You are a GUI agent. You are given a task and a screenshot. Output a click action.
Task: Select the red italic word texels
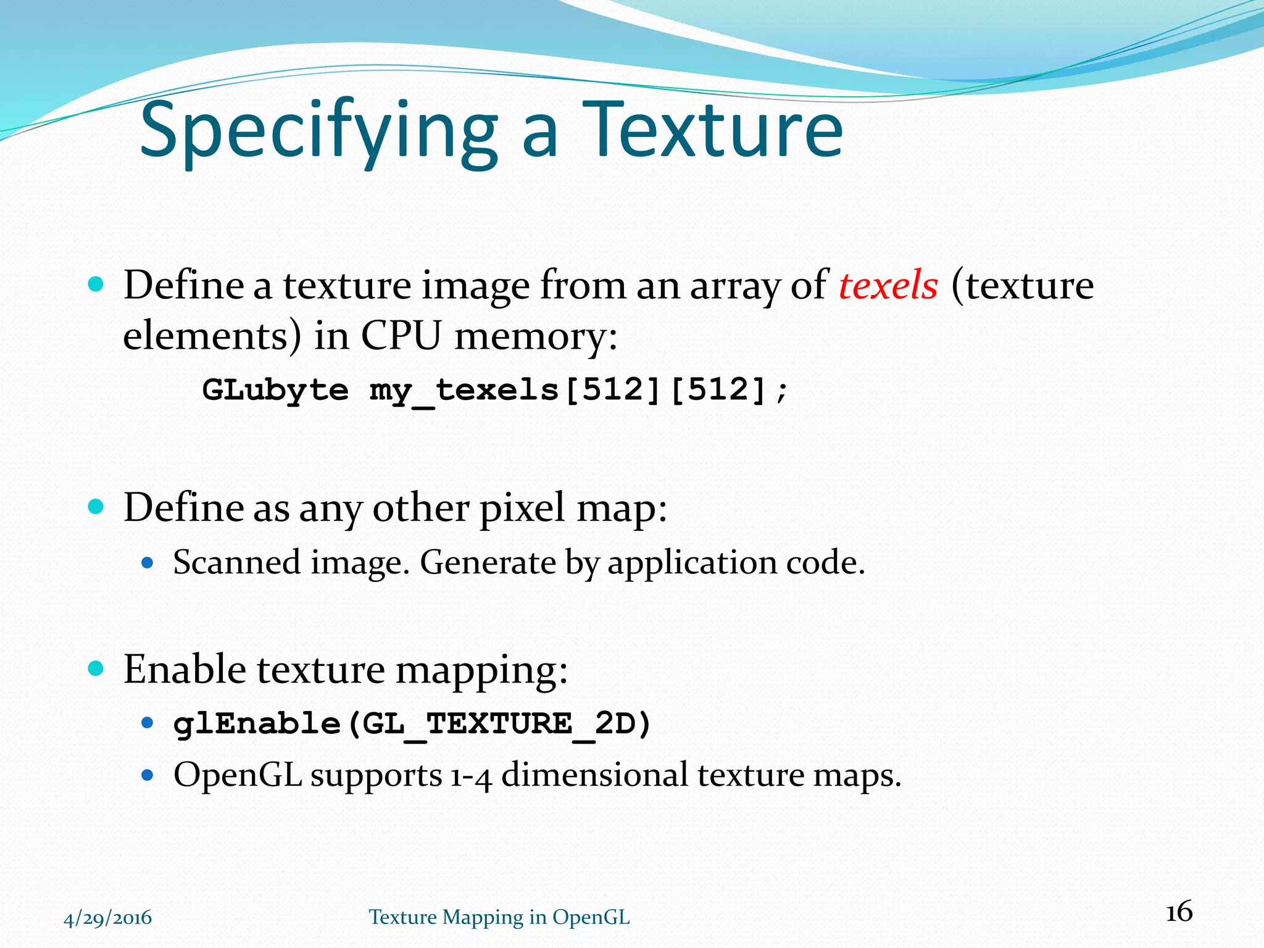coord(888,285)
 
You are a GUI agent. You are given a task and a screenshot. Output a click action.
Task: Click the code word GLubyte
coord(275,389)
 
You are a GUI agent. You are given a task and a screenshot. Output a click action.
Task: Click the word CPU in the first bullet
coord(401,336)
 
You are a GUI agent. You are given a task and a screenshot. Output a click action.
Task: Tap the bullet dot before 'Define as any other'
coord(96,507)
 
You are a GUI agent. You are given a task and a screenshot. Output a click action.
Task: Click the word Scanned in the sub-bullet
coord(236,562)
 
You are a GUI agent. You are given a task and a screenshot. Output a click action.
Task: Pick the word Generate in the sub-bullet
coord(488,562)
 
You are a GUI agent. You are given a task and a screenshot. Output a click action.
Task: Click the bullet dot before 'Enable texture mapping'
coord(96,668)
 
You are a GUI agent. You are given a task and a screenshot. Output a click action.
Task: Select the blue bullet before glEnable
coord(147,723)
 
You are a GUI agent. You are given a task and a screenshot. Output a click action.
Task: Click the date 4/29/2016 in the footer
coord(108,918)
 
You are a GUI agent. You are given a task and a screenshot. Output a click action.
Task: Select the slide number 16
coord(1179,912)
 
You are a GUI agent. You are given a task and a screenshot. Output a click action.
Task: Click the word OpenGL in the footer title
coord(591,918)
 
